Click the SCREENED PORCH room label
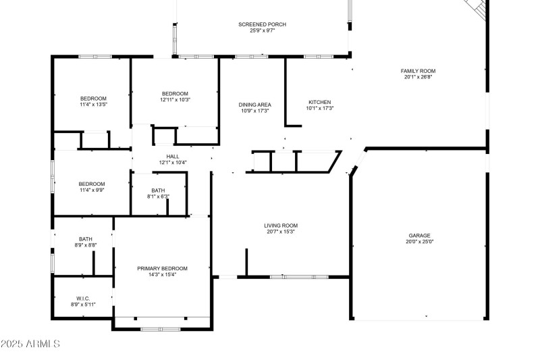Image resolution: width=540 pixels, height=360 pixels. pos(263,24)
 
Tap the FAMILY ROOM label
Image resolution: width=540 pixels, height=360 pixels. pos(418,71)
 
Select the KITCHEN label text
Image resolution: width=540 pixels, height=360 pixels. pos(320,102)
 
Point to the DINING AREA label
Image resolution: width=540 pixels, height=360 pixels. pos(255,105)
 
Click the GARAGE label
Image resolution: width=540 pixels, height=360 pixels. pos(419,236)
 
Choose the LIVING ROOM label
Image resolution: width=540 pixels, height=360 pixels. pos(281,226)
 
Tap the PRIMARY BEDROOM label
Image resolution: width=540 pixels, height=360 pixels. pos(163,268)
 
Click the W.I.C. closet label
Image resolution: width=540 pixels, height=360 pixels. pos(82,299)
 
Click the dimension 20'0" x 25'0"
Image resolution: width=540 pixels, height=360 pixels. pos(419,242)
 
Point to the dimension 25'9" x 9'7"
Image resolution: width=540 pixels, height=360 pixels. pos(263,30)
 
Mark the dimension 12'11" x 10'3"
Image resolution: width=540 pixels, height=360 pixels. pos(175,100)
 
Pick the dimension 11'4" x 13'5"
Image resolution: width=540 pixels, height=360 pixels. pos(93,105)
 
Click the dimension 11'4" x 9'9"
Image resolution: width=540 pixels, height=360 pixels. pos(92,190)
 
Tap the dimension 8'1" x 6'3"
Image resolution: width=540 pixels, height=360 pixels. pos(158,197)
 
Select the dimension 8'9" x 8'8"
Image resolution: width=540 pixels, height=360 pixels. pos(86,245)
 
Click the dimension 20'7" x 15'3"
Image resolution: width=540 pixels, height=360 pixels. pos(281,232)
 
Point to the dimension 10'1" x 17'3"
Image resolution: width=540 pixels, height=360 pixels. pos(320,108)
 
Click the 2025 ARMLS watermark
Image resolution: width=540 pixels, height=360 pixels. pos(30,344)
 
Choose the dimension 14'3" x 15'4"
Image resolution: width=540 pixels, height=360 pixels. pos(163,274)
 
